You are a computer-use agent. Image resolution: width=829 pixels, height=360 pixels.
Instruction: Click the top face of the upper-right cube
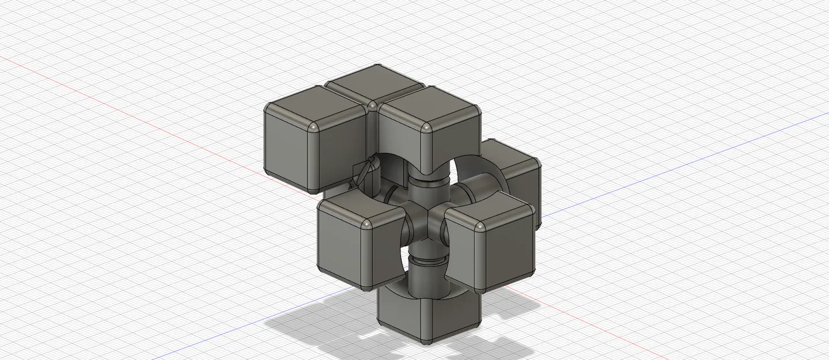pyautogui.click(x=429, y=108)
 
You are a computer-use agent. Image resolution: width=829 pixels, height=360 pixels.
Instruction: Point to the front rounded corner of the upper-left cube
pyautogui.click(x=313, y=127)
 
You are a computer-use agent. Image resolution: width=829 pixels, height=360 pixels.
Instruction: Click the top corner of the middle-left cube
pyautogui.click(x=366, y=223)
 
